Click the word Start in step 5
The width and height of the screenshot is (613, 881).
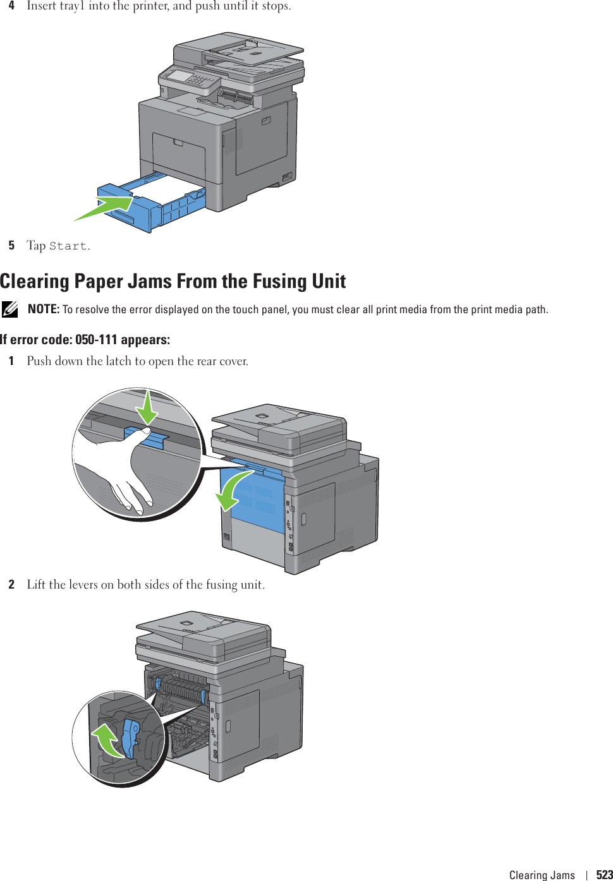click(x=68, y=246)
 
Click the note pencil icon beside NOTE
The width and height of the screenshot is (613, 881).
click(x=9, y=309)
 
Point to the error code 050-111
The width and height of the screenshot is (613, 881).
click(x=96, y=340)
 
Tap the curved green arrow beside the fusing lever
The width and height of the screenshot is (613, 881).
click(x=107, y=739)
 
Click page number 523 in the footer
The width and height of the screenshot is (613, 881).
click(x=604, y=875)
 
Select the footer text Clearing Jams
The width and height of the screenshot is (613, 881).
click(x=542, y=875)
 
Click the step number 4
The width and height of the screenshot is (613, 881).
click(x=11, y=6)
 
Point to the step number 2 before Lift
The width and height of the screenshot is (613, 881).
click(x=11, y=584)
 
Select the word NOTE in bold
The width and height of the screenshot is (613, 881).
click(x=43, y=309)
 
